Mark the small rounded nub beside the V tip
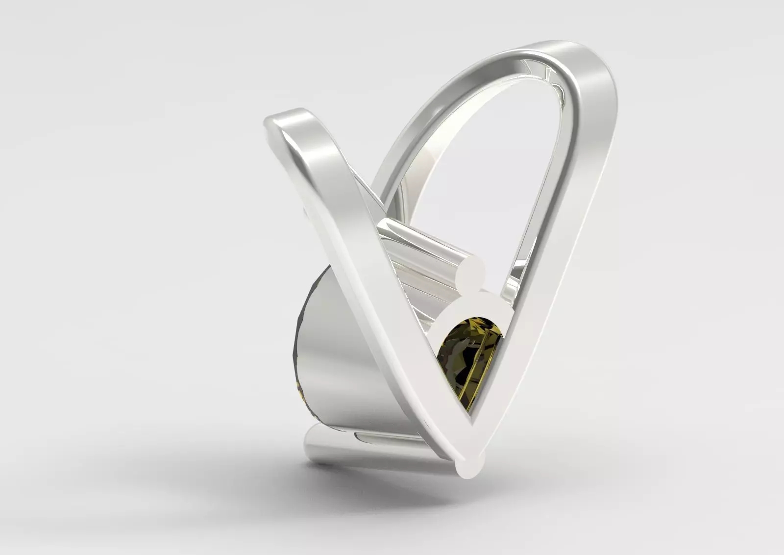[x=481, y=458]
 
